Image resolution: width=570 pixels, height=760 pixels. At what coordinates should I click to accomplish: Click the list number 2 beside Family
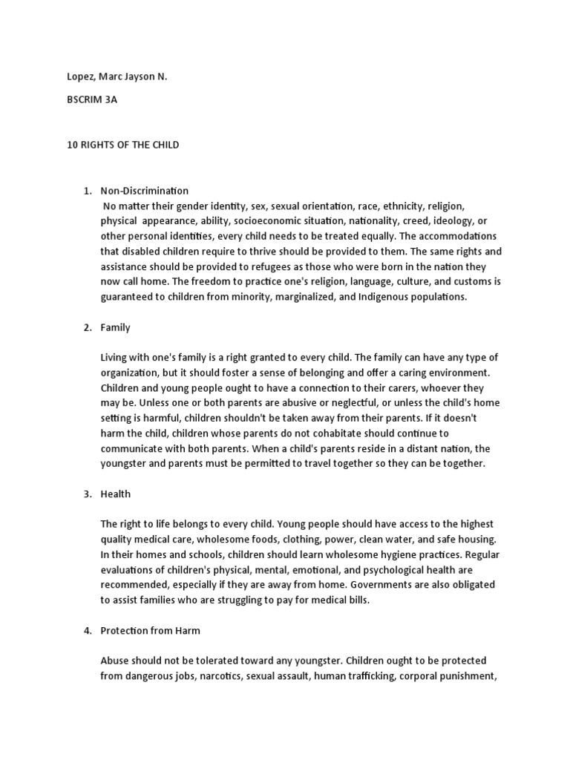[x=87, y=327]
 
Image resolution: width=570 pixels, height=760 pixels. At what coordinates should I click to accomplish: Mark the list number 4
[x=87, y=631]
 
